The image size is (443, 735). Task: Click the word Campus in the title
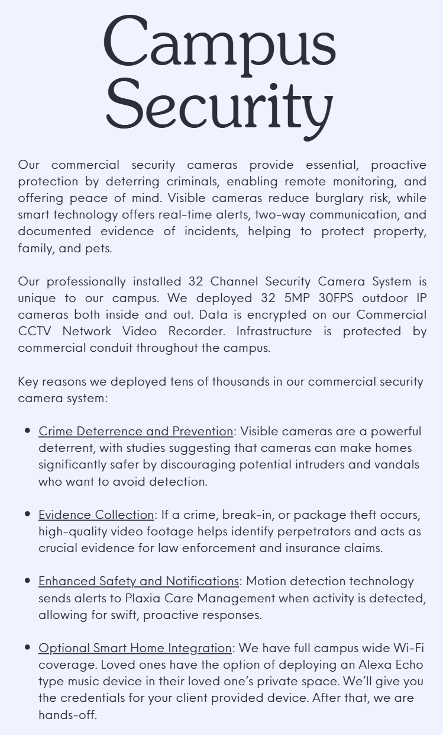220,43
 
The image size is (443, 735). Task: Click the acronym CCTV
35,330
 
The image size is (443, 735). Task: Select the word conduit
111,347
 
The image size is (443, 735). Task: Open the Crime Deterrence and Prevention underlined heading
135,431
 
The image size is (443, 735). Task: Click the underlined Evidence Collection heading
96,514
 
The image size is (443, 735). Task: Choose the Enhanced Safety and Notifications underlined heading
138,580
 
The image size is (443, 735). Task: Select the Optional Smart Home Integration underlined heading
135,647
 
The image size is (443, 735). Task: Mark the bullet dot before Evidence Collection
27,514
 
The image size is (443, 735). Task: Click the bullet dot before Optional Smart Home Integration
27,647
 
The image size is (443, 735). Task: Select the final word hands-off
67,714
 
